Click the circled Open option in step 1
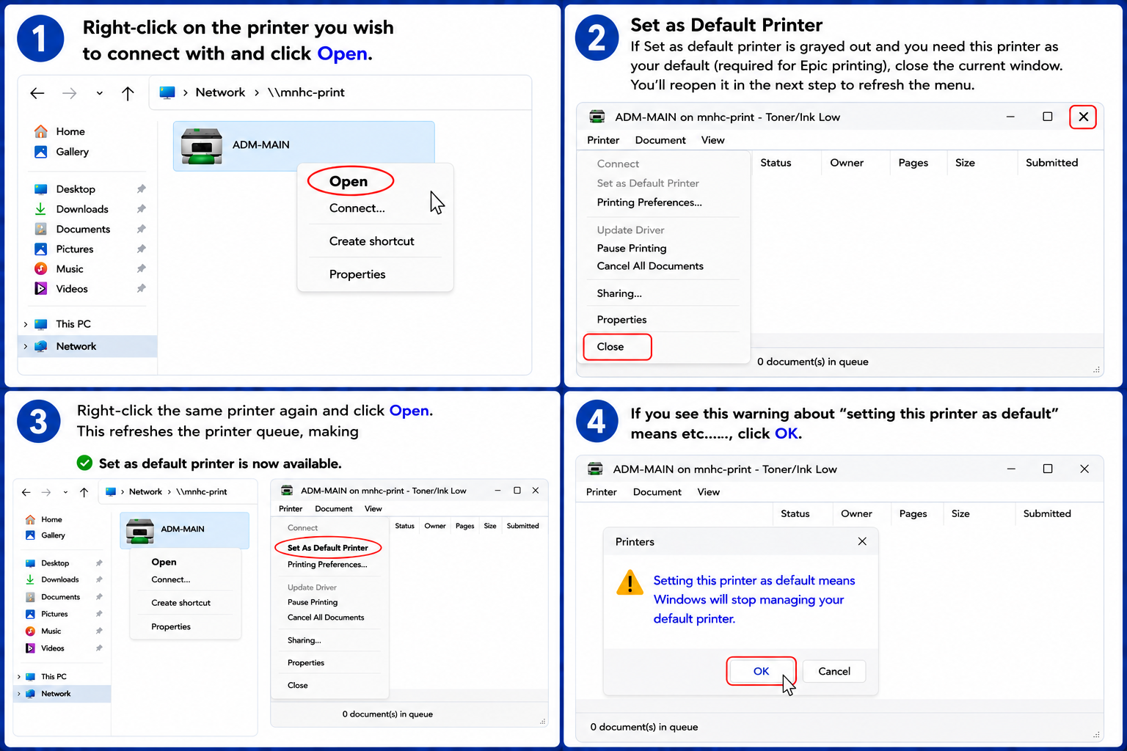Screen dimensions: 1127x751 [349, 181]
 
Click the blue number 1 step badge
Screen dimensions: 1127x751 [40, 38]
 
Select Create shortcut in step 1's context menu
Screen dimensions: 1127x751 [371, 241]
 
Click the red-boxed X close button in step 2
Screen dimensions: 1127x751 [1083, 117]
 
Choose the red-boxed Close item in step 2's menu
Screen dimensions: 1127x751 [617, 347]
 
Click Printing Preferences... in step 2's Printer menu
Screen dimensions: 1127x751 [649, 202]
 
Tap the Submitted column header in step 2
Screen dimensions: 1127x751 [1051, 163]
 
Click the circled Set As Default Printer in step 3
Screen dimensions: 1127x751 [327, 547]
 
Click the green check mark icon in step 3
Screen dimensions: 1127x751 [84, 463]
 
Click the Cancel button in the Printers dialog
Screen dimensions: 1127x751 [834, 671]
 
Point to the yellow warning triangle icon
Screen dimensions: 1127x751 [630, 582]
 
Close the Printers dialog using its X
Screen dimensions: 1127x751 [862, 541]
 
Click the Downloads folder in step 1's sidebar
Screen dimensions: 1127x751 [82, 209]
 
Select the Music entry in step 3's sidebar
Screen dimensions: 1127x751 [51, 631]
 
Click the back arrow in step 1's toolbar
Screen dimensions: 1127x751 [37, 93]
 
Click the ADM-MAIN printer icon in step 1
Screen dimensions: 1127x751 [201, 146]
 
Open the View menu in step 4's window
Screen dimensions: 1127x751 [708, 492]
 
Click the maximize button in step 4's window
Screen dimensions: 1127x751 [1048, 469]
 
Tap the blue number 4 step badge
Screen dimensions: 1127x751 [597, 422]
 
